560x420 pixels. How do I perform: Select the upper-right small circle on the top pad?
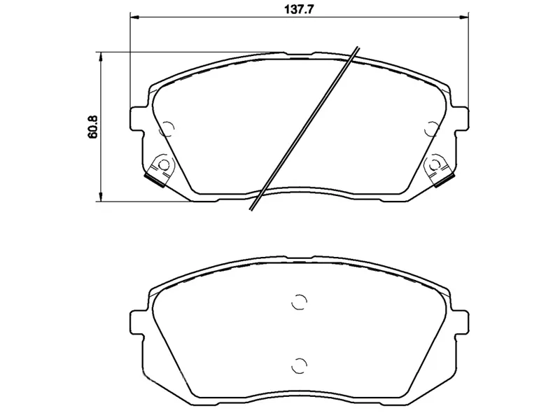pyautogui.click(x=432, y=129)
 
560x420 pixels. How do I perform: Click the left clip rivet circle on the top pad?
pyautogui.click(x=164, y=165)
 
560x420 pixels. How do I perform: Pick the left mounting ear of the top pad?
pyautogui.click(x=138, y=117)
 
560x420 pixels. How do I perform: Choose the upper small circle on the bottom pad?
pyautogui.click(x=299, y=302)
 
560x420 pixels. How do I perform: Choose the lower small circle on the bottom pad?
pyautogui.click(x=299, y=364)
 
